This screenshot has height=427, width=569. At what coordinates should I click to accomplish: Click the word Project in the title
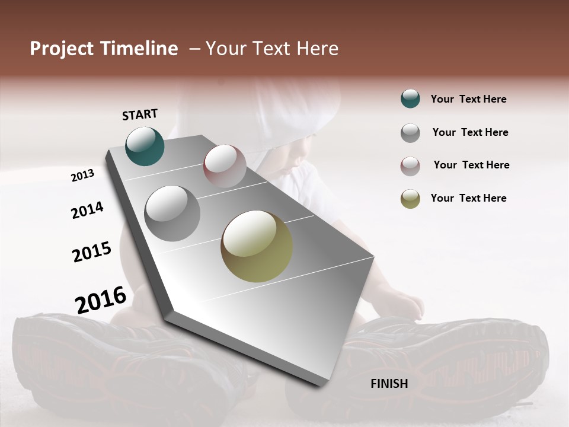click(62, 49)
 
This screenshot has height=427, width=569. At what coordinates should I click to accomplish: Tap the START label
click(140, 114)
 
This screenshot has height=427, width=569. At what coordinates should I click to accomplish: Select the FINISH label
click(389, 384)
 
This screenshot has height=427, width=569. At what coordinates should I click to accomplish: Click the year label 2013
click(83, 176)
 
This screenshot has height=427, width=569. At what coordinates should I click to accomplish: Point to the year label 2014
click(88, 210)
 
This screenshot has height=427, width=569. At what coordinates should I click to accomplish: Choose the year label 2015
click(92, 251)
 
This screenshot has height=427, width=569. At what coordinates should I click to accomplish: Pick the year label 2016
click(101, 299)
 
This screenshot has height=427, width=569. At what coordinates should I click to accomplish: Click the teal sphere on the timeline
click(145, 146)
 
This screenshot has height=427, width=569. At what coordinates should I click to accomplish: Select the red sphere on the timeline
click(225, 165)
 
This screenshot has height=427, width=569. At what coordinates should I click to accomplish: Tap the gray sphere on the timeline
click(172, 213)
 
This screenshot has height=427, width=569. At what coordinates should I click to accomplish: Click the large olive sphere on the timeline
click(257, 246)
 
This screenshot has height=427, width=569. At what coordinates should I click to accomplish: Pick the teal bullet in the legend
click(410, 99)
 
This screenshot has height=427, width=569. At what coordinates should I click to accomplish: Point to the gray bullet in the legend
click(410, 133)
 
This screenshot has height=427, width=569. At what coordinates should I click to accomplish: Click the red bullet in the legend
click(410, 166)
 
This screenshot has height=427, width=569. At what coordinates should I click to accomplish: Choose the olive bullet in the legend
click(410, 199)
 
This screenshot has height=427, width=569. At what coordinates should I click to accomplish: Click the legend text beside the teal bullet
click(468, 99)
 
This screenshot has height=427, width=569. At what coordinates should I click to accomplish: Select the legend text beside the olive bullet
click(468, 198)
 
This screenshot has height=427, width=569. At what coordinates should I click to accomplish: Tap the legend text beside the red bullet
click(471, 165)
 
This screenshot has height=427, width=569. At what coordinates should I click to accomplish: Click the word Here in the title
click(317, 49)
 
